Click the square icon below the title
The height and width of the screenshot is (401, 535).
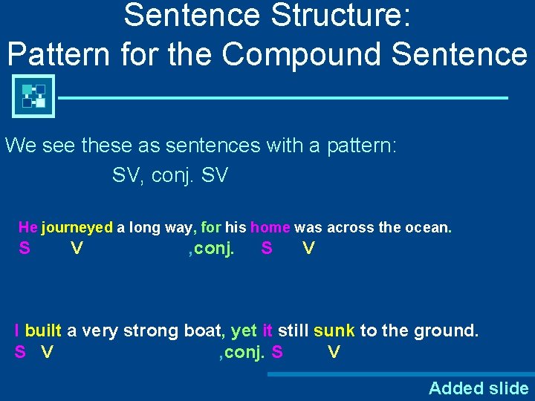33,97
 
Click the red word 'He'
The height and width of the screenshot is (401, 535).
27,227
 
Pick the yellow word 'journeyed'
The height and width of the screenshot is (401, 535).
77,227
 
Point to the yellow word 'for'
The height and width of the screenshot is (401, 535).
211,227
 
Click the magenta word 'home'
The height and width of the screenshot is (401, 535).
270,227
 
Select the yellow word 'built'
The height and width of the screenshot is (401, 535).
43,330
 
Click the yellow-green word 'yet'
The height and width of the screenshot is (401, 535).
244,330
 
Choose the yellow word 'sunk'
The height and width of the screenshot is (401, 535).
334,330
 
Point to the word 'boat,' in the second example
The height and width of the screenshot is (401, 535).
203,330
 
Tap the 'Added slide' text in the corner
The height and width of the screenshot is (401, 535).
479,388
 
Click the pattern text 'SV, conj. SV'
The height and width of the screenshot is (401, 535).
170,176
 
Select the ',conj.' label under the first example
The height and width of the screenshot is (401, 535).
212,249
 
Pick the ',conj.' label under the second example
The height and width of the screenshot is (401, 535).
242,352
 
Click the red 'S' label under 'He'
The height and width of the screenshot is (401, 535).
25,249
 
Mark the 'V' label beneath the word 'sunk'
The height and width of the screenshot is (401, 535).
334,352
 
